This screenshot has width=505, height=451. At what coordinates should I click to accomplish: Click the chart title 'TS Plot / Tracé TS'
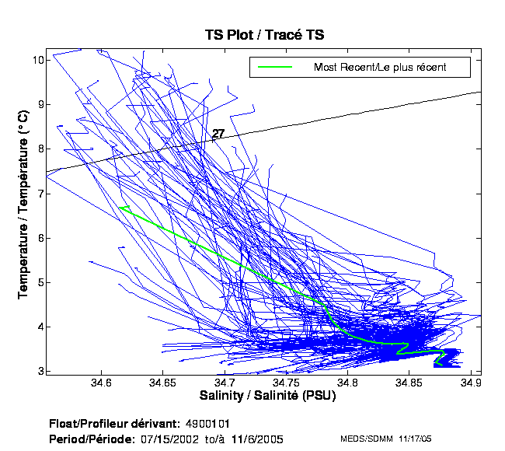(263, 36)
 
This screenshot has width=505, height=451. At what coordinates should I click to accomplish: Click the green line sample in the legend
(275, 67)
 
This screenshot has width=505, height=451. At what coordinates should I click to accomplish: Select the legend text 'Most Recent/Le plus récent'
(380, 67)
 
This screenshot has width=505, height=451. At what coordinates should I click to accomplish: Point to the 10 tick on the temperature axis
(37, 60)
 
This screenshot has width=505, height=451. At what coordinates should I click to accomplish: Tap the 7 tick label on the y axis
(39, 194)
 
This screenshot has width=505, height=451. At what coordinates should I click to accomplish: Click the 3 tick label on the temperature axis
(39, 372)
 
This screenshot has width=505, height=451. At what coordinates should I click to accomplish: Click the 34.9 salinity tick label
(472, 383)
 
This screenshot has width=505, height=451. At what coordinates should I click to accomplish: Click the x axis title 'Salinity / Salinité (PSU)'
(263, 397)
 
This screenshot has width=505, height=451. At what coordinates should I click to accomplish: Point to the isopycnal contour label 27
(218, 134)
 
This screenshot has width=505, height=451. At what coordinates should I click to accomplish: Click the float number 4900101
(207, 424)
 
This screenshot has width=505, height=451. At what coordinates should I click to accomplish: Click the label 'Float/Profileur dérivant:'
(116, 424)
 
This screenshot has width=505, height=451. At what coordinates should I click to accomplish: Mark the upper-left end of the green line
(120, 207)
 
